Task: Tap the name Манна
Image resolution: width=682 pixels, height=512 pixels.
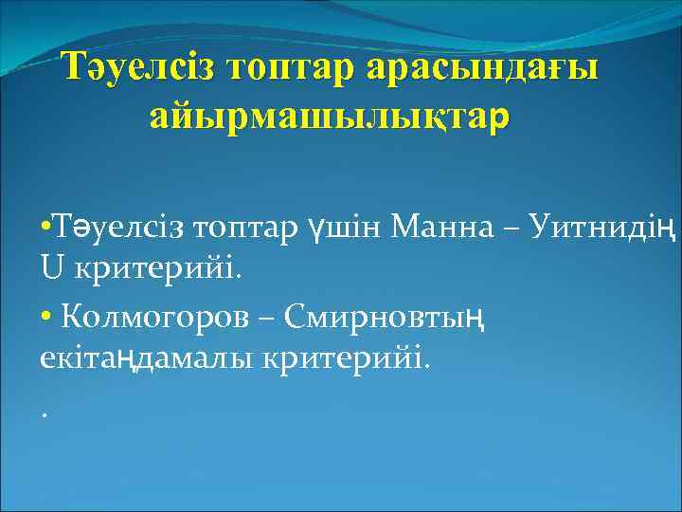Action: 427,229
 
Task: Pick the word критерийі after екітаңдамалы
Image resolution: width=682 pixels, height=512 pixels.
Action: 363,360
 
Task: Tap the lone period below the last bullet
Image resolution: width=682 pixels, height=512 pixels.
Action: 45,412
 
